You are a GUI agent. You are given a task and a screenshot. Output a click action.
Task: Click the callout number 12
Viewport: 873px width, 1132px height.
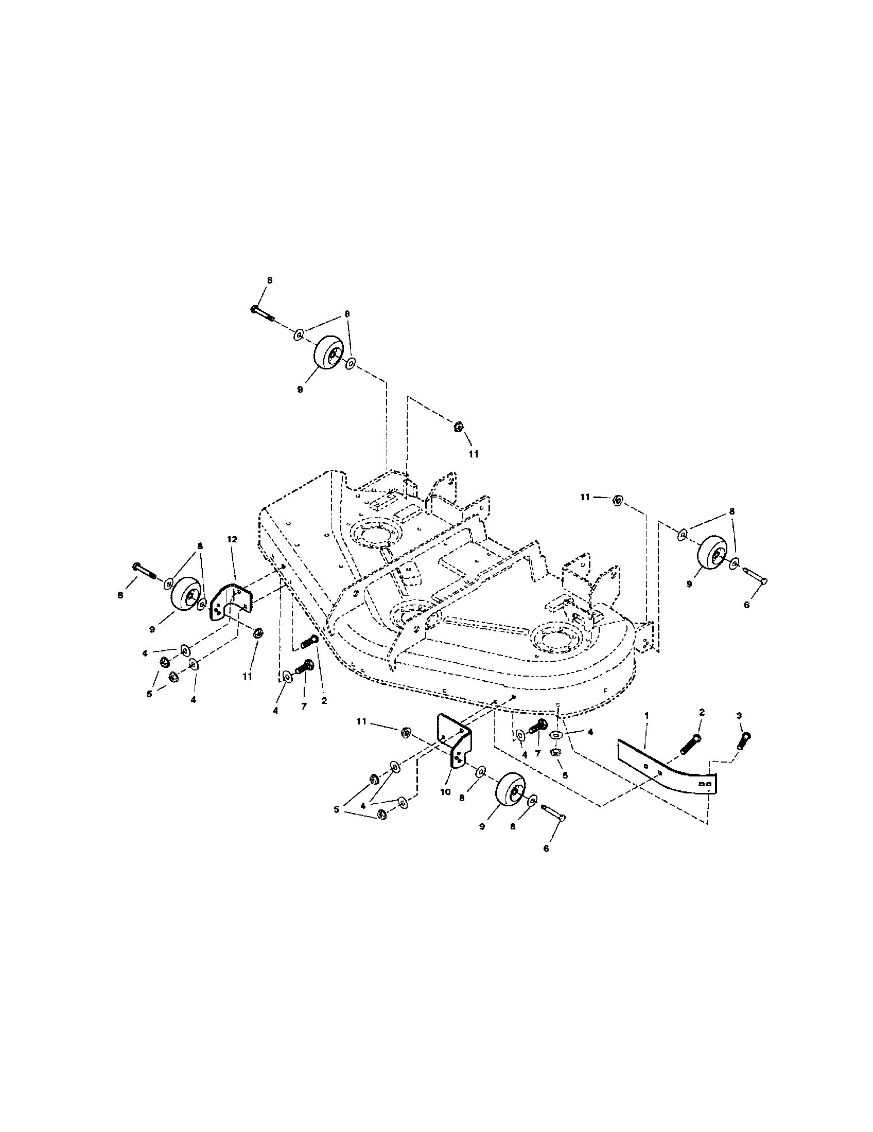tap(232, 540)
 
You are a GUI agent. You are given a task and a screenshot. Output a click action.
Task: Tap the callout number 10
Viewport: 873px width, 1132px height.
tap(445, 792)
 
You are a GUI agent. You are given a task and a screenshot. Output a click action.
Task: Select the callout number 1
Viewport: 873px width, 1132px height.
tap(647, 715)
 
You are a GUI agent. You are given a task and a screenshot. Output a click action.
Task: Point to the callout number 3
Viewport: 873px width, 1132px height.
tap(739, 715)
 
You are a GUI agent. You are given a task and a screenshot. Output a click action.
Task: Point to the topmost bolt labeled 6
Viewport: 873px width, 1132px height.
tap(263, 313)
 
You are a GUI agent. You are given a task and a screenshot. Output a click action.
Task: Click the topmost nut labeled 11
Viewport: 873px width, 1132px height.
tap(458, 427)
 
